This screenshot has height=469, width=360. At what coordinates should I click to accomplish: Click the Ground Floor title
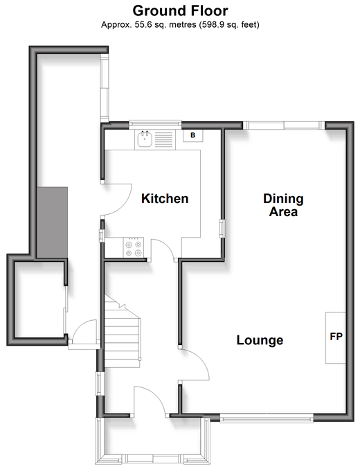(180, 11)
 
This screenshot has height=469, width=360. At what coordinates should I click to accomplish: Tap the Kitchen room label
(165, 199)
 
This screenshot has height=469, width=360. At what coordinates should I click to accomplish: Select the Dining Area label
(283, 205)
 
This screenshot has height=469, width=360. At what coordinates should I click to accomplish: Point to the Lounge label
(260, 340)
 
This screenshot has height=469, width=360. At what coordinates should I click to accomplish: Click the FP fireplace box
(336, 338)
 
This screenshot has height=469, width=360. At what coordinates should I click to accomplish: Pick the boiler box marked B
(193, 136)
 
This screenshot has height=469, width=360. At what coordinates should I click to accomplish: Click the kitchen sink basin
(145, 139)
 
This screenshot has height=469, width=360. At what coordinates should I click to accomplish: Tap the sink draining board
(164, 140)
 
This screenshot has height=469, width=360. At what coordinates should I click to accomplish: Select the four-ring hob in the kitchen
(134, 247)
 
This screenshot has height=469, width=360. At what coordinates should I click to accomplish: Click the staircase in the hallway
(123, 332)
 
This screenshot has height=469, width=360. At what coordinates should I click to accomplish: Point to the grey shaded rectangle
(53, 222)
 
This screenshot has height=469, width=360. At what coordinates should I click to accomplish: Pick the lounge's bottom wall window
(267, 418)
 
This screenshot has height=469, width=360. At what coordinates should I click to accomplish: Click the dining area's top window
(284, 125)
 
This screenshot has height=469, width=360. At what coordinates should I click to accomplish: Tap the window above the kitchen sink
(155, 125)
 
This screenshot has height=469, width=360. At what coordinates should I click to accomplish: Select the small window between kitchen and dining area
(222, 229)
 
